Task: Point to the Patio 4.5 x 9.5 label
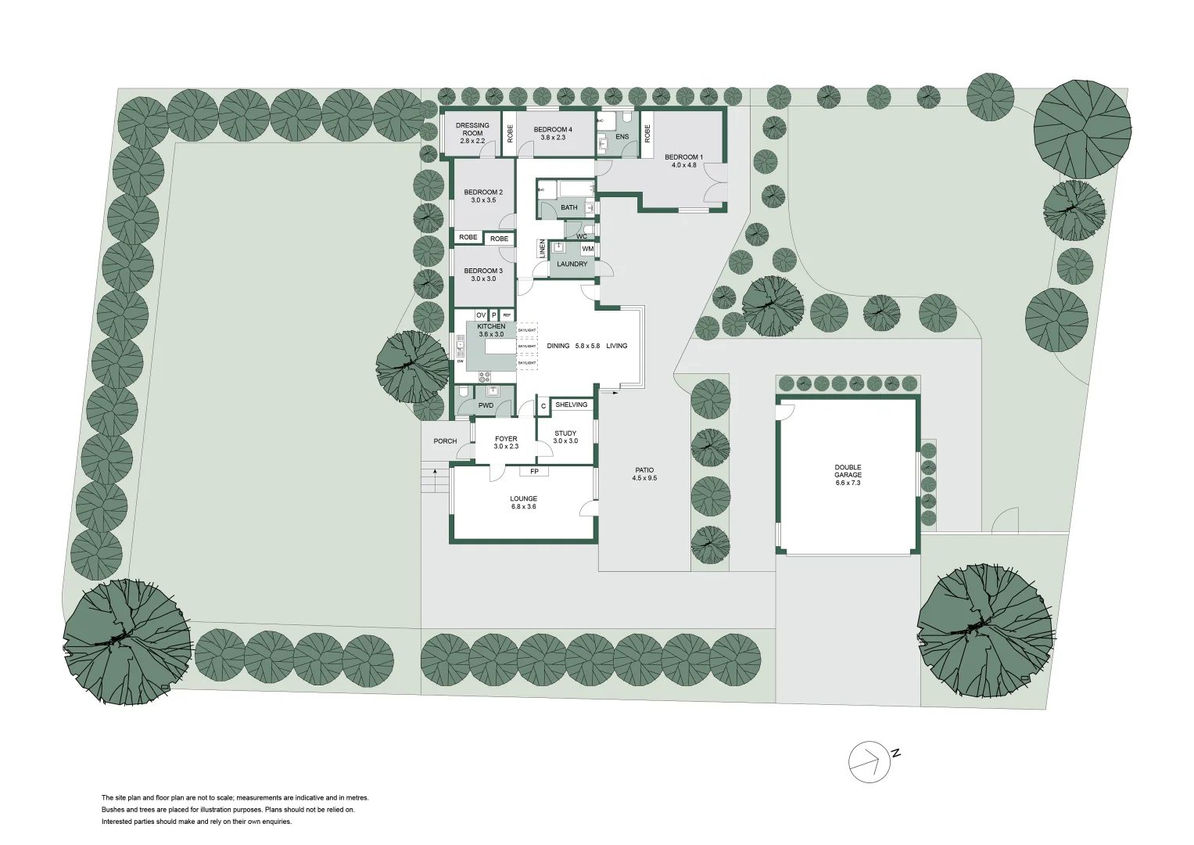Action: pyautogui.click(x=644, y=474)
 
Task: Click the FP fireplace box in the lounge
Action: pyautogui.click(x=534, y=472)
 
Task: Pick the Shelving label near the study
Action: pyautogui.click(x=571, y=405)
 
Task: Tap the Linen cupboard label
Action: pyautogui.click(x=541, y=249)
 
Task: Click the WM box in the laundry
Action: pyautogui.click(x=587, y=250)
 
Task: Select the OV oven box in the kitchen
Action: pyautogui.click(x=481, y=315)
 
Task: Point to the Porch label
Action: pyautogui.click(x=445, y=441)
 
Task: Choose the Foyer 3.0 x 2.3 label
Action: pyautogui.click(x=506, y=443)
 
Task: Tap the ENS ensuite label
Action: pyautogui.click(x=622, y=137)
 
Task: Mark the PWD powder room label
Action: pyautogui.click(x=486, y=406)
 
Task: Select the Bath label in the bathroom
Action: pyautogui.click(x=568, y=207)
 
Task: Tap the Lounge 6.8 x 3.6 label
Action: pyautogui.click(x=523, y=502)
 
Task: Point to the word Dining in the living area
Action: pyautogui.click(x=558, y=346)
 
